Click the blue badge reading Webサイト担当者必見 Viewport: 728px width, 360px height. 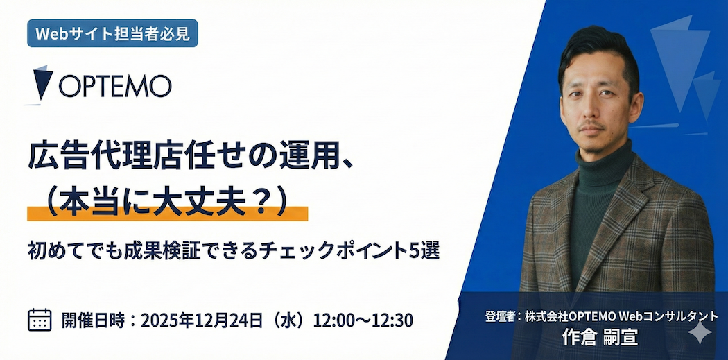(112, 33)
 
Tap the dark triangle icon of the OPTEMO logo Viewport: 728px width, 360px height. (42, 83)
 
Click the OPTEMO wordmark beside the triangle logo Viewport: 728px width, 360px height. (115, 87)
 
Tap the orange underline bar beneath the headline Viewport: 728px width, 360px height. (168, 213)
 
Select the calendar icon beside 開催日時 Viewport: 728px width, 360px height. (40, 320)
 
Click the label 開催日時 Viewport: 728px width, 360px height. (93, 320)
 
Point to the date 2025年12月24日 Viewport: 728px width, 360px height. (203, 320)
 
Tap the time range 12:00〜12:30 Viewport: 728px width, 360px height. (363, 320)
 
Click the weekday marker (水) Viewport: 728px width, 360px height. (289, 320)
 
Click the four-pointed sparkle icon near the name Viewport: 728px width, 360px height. (700, 332)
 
